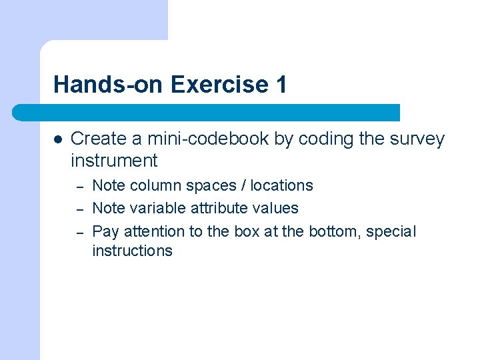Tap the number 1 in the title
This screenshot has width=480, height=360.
[x=281, y=85]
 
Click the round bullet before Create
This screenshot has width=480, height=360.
[x=58, y=139]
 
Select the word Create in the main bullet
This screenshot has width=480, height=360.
[x=96, y=139]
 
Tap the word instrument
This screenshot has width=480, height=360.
[x=114, y=161]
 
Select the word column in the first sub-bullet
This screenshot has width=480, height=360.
[x=151, y=185]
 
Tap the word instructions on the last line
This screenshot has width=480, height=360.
[x=132, y=251]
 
